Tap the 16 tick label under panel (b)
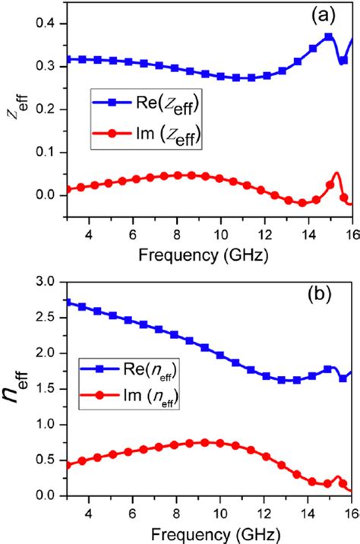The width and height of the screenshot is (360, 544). (x=350, y=514)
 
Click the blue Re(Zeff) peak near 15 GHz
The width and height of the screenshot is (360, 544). (x=328, y=36)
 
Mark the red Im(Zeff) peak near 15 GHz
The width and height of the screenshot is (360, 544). (x=336, y=174)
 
